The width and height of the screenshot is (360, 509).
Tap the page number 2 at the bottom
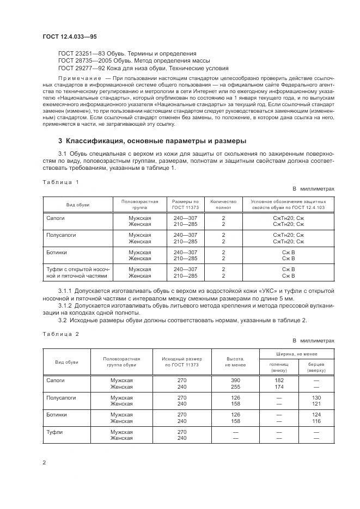click(44, 463)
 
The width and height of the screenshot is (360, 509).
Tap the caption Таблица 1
click(60, 182)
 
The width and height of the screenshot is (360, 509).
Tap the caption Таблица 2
click(60, 333)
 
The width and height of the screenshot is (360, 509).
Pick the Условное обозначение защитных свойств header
click(288, 204)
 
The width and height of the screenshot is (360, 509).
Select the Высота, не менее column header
click(235, 361)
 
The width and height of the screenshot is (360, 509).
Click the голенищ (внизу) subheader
click(279, 367)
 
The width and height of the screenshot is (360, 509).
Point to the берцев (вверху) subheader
click(316, 367)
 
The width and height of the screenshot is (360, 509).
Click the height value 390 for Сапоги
click(235, 381)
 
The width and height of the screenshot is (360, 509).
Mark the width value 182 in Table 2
click(279, 381)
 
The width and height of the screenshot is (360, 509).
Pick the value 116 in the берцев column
click(316, 421)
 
